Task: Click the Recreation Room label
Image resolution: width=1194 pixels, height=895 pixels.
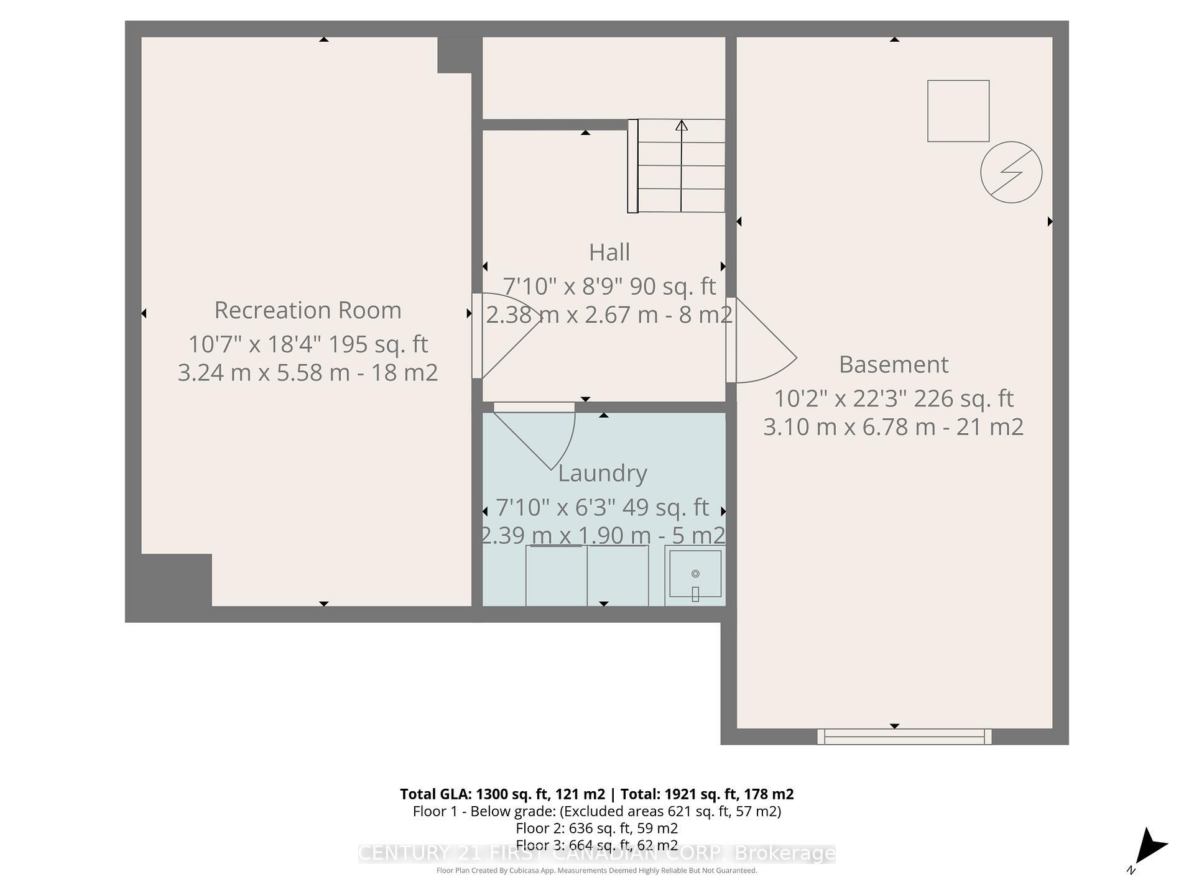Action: [x=308, y=310]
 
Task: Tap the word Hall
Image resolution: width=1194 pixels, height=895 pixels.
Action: [x=609, y=252]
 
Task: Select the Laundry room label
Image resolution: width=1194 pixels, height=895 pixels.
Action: [x=602, y=473]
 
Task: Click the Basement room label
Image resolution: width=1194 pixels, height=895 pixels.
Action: [x=894, y=364]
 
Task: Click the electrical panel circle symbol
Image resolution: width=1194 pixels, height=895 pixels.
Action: [x=1011, y=172]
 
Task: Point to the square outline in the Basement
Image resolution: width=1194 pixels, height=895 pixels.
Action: [x=958, y=111]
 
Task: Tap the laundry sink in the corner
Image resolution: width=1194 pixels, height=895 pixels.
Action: [x=695, y=575]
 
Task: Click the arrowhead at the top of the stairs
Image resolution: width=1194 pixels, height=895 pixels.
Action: [x=682, y=126]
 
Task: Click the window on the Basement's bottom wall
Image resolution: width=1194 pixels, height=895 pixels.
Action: [x=904, y=737]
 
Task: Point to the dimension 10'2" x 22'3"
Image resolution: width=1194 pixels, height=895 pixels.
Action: [x=840, y=398]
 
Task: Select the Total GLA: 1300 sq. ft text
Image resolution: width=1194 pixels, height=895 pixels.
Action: [x=502, y=794]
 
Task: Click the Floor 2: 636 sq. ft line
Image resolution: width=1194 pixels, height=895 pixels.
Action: [x=596, y=828]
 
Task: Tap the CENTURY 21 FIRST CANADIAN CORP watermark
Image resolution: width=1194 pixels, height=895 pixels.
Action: [x=596, y=853]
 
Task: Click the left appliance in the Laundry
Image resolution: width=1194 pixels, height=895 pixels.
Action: [x=556, y=576]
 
